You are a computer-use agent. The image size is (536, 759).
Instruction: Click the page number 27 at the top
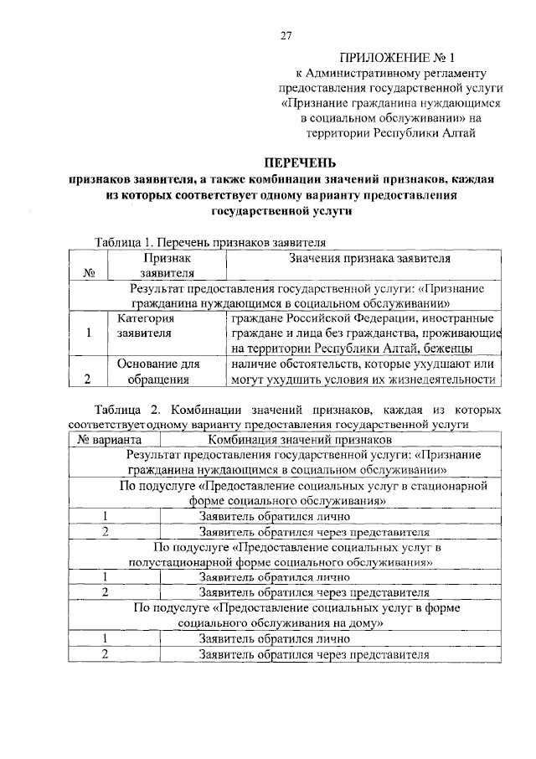286,35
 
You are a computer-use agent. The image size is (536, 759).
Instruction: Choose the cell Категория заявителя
145,326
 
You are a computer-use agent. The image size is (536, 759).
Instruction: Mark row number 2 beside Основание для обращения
89,379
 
